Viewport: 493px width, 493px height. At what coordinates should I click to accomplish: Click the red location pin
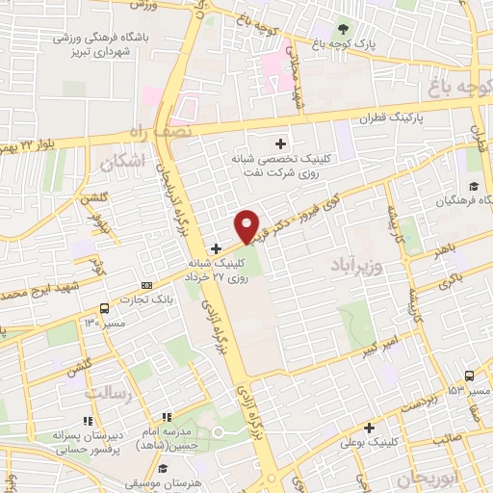click(247, 225)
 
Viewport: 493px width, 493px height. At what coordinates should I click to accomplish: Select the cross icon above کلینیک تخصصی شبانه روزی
click(280, 143)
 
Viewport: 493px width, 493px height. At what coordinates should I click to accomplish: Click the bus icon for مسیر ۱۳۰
click(104, 309)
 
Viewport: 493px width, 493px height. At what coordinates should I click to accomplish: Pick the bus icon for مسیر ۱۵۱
click(469, 376)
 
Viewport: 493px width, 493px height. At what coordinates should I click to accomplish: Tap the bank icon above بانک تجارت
click(146, 286)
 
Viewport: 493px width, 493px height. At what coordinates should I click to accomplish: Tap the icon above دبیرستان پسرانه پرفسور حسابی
click(88, 422)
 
